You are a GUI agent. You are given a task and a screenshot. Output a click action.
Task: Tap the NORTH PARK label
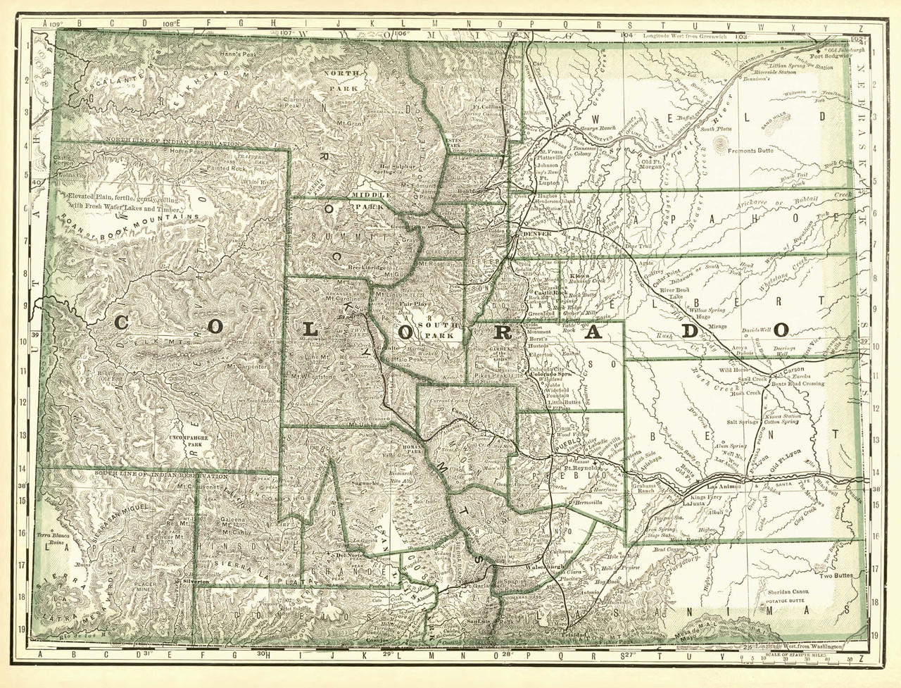tap(342, 80)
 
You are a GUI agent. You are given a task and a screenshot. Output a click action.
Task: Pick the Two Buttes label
tap(837, 575)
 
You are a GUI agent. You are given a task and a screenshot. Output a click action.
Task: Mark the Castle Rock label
tap(550, 292)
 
